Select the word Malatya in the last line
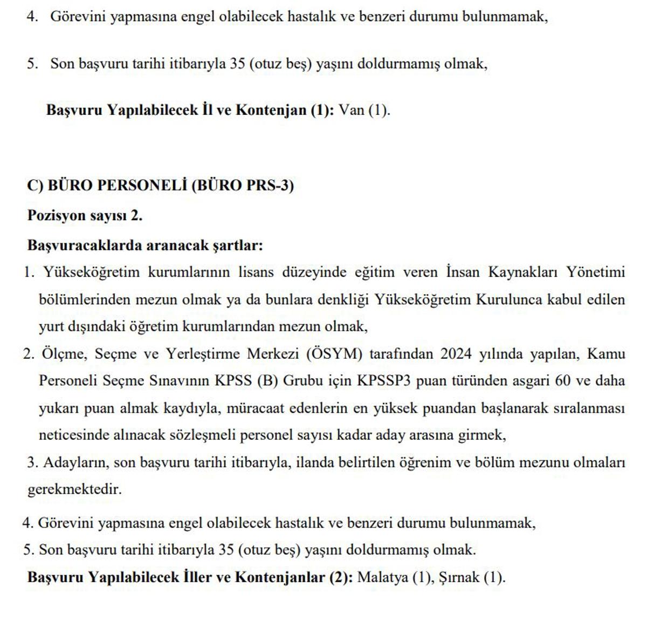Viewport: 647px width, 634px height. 382,577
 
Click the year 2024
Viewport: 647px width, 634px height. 457,355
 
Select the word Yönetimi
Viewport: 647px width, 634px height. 595,272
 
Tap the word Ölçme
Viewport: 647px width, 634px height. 63,355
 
